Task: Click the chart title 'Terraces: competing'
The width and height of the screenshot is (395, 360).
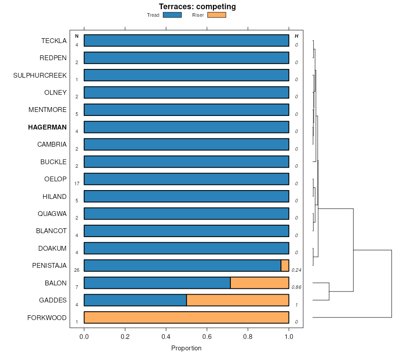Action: coord(197,7)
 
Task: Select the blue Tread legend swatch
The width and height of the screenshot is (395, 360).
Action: coord(172,15)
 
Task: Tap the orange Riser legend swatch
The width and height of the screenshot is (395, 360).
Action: coord(216,15)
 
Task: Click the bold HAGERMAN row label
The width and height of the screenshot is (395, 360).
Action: coord(47,127)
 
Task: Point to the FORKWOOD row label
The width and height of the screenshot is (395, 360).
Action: coord(47,318)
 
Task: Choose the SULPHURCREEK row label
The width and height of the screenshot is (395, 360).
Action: coord(40,76)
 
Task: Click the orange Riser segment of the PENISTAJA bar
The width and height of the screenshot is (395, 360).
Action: coord(285,266)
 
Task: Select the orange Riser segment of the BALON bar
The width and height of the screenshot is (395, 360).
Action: coord(259,283)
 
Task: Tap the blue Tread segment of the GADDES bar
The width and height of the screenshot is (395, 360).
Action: coord(135,300)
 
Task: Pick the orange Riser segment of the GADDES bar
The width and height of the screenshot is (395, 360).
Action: coord(237,300)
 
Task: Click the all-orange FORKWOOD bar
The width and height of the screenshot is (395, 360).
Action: coord(187,317)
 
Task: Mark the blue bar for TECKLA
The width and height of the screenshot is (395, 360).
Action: coord(187,40)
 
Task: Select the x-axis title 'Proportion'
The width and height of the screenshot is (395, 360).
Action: coord(186,348)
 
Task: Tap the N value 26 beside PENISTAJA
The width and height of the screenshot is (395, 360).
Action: coord(77,270)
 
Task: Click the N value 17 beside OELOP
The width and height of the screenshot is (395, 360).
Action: coord(77,184)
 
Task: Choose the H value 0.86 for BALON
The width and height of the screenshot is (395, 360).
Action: coord(296,287)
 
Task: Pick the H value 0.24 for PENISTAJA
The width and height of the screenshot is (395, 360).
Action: coord(296,270)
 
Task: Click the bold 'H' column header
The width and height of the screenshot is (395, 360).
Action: coord(296,36)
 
